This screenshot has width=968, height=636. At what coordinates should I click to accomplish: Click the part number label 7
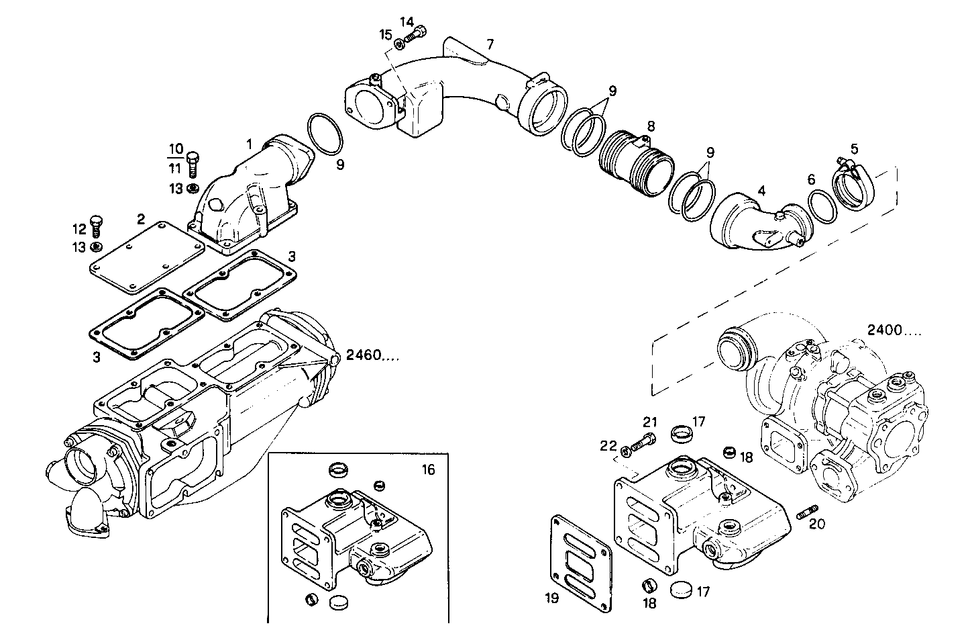point(490,45)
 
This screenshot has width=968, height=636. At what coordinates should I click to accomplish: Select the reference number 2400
point(894,330)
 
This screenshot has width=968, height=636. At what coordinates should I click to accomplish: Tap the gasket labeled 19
point(582,563)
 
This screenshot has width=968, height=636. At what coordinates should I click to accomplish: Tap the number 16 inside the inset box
point(428,469)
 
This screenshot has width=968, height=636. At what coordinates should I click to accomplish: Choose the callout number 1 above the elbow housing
point(249,144)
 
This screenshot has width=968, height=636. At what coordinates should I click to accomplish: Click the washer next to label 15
point(399,44)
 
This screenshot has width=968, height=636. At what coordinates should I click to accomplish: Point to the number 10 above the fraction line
point(174,148)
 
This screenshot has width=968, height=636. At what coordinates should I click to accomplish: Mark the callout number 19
point(551,598)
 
